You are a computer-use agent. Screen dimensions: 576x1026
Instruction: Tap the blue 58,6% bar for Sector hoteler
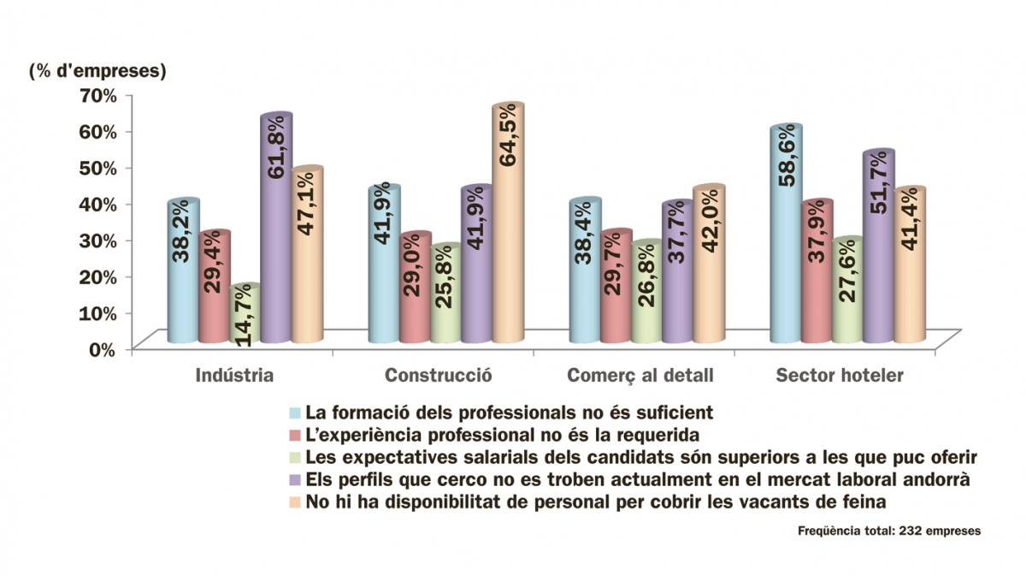tap(786, 235)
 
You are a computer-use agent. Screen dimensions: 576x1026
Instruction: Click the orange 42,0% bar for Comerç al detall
tap(709, 265)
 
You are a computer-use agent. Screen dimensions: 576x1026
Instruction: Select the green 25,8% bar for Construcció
tap(446, 294)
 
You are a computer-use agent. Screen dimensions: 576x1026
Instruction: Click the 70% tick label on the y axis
tap(97, 94)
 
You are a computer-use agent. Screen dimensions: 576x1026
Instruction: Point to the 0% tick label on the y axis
tap(101, 348)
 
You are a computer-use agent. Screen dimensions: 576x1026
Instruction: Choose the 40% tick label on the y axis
tap(97, 203)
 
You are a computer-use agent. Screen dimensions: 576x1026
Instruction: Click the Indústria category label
tap(234, 375)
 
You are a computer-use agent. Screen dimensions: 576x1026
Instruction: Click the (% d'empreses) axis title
tap(97, 71)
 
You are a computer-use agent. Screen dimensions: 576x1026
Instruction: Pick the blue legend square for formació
tap(294, 413)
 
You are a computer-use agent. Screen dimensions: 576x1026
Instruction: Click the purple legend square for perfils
tap(294, 479)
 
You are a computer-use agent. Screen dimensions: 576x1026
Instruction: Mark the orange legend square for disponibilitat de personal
tap(294, 502)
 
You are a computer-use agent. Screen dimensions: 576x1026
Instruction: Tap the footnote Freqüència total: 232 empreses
tap(889, 531)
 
